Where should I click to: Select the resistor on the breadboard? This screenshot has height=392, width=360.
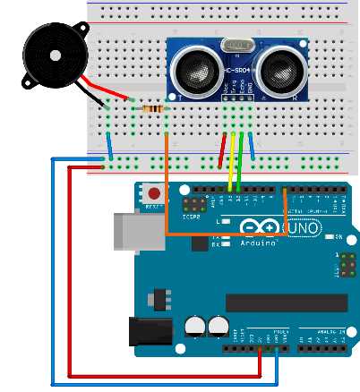point(155,108)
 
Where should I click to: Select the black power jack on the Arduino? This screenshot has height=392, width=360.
point(150,334)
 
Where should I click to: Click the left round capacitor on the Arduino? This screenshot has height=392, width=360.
point(194,326)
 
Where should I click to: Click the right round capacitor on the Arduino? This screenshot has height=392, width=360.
point(217,326)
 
